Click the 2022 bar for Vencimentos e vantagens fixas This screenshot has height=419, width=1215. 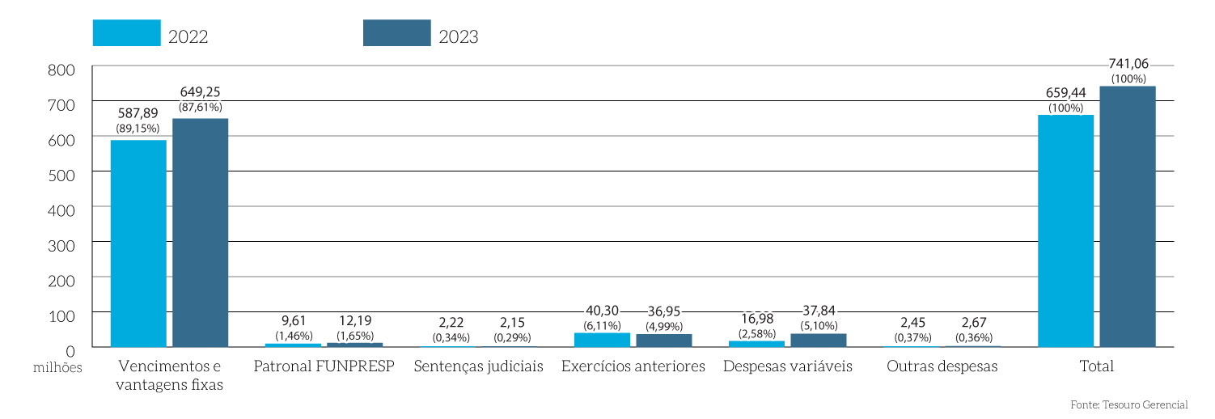pos(138,243)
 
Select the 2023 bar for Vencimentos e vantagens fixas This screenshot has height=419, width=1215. pos(201,233)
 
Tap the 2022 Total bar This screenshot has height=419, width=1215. pos(1065,231)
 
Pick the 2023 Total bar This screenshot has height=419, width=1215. pos(1128,217)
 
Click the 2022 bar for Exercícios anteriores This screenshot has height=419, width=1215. pos(602,340)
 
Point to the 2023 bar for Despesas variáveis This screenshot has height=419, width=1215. pos(819,341)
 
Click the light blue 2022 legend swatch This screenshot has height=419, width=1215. pos(126,33)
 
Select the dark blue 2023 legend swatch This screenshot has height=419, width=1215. pos(396,33)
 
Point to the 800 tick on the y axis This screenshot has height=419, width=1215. pos(61,70)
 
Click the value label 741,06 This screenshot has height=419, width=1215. pos(1128,65)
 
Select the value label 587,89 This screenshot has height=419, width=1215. pos(138,113)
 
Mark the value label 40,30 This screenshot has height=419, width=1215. pos(602,310)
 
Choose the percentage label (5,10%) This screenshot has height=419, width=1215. pos(818,326)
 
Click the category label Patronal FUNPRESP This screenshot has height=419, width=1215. pos(324,366)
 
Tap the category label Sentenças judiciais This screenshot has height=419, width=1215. pos(478,366)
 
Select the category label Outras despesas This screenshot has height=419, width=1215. pos(942,366)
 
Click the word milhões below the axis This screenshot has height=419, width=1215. pos(58,367)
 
